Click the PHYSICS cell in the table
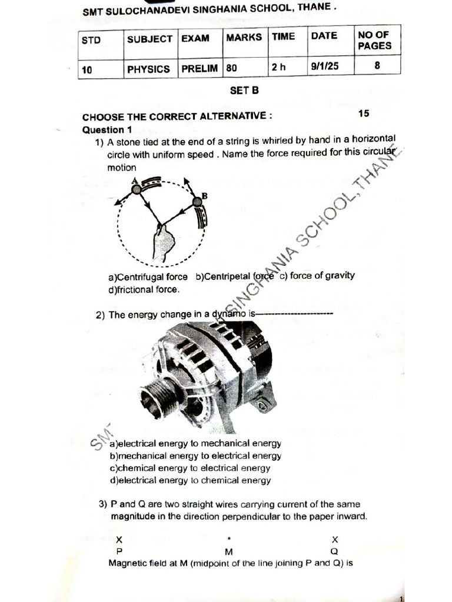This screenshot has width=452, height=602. (x=148, y=69)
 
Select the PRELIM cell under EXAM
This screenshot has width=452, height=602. (x=200, y=68)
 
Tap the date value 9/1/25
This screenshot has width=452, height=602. (x=325, y=66)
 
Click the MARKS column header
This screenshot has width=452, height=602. (x=244, y=37)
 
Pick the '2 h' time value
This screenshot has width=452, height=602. (x=278, y=67)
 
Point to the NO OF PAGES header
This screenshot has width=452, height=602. (x=374, y=40)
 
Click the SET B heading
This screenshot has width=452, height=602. (x=244, y=91)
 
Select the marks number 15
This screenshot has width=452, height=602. (x=364, y=113)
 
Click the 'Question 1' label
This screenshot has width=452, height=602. (x=103, y=130)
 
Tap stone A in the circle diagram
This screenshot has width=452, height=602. (x=136, y=189)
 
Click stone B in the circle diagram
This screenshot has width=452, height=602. (x=197, y=202)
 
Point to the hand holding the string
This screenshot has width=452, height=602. (x=163, y=242)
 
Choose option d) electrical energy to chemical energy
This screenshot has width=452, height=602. (x=190, y=480)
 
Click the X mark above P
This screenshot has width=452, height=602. (x=119, y=539)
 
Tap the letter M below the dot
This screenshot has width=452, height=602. (x=229, y=551)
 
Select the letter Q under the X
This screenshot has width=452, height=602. (x=334, y=551)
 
